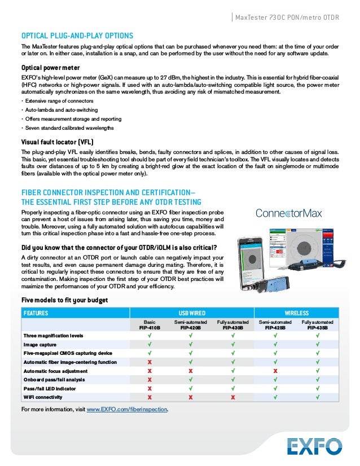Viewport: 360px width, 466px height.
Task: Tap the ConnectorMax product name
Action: click(x=288, y=213)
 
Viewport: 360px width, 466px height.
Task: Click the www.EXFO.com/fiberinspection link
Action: click(x=128, y=409)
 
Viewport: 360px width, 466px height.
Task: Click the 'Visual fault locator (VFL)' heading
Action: click(x=57, y=142)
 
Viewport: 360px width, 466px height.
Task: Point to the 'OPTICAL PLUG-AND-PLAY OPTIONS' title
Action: click(x=77, y=35)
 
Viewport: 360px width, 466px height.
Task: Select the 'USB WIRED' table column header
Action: click(x=192, y=313)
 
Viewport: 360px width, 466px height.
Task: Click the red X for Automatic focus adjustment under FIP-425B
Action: click(x=275, y=371)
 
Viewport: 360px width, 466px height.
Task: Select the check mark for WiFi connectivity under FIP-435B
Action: click(x=317, y=398)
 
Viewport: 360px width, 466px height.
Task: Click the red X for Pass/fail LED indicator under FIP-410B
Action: click(x=150, y=389)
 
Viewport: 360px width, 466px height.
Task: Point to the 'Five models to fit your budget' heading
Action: click(x=64, y=300)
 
